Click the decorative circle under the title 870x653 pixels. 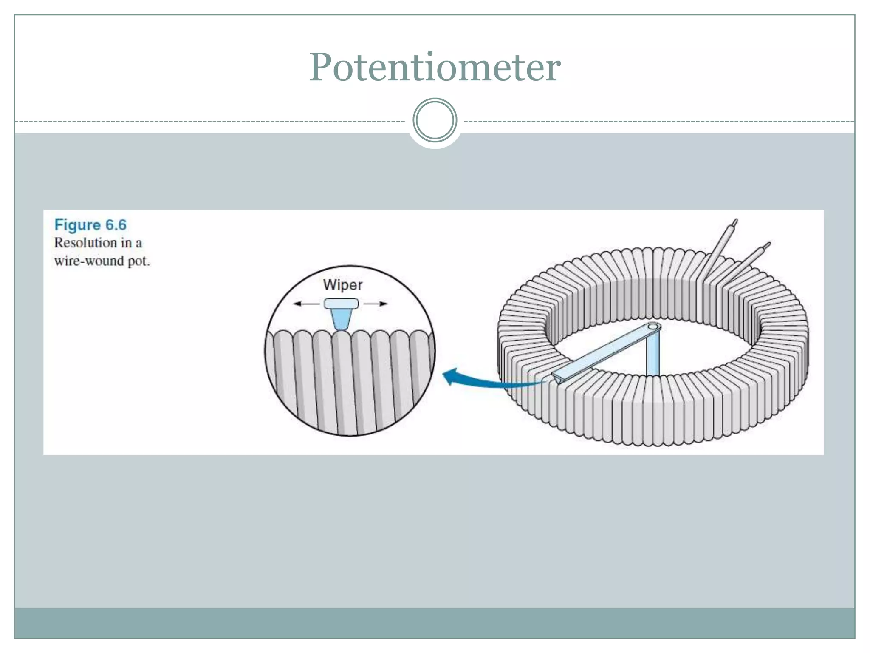pyautogui.click(x=435, y=120)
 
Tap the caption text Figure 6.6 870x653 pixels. pyautogui.click(x=90, y=224)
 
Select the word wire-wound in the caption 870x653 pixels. pyautogui.click(x=89, y=261)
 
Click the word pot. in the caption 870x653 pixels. pyautogui.click(x=138, y=261)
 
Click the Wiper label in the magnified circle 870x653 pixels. pyautogui.click(x=342, y=284)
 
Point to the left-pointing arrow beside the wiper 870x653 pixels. pyautogui.click(x=306, y=304)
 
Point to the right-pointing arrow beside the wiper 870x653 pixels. pyautogui.click(x=376, y=304)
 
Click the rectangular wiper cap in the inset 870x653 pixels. pyautogui.click(x=341, y=304)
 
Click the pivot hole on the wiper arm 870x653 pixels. pyautogui.click(x=653, y=327)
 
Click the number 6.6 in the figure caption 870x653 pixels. pyautogui.click(x=116, y=224)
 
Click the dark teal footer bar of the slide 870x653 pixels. pyautogui.click(x=435, y=623)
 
